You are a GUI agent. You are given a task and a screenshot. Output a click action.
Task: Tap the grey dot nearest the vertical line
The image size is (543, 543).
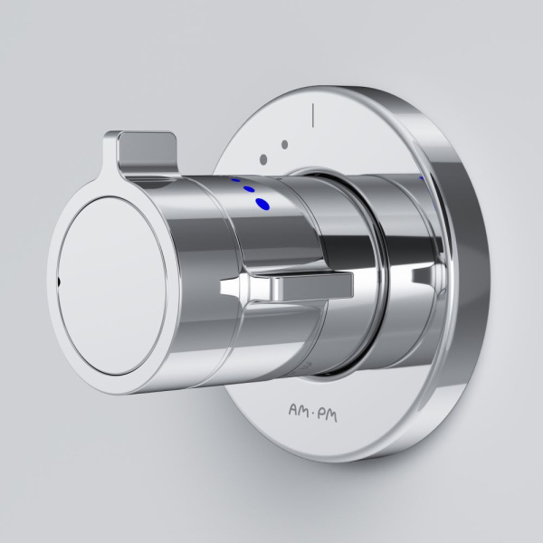tap(284, 145)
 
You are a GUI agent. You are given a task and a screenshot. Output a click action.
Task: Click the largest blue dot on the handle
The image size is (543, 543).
tap(263, 204)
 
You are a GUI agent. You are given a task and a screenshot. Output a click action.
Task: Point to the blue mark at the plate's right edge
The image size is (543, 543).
tap(422, 179)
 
